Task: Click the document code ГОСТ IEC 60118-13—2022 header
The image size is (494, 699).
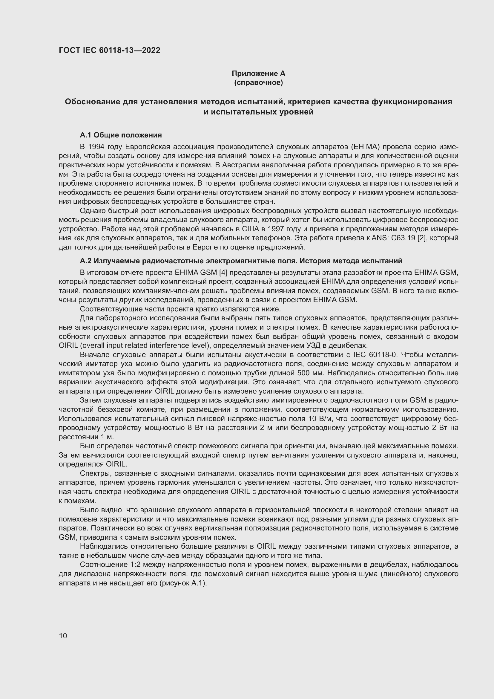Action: [109, 50]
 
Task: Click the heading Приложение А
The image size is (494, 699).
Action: [258, 74]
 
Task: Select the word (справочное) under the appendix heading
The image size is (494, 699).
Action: [258, 82]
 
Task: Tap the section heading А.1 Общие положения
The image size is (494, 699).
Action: [120, 135]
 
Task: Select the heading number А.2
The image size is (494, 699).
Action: [86, 261]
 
